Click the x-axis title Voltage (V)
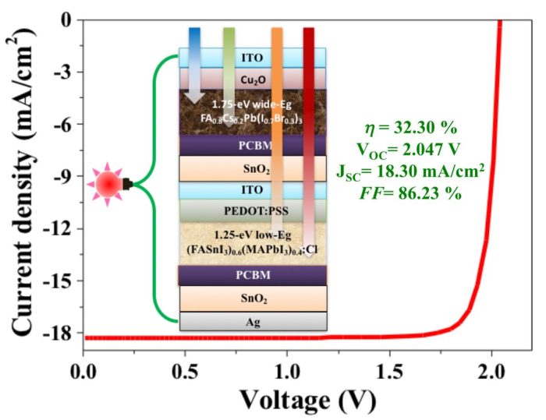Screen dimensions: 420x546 point(307,399)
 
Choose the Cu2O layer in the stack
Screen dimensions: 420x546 point(252,79)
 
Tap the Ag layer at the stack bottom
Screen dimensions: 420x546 point(252,322)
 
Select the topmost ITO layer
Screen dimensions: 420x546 point(252,58)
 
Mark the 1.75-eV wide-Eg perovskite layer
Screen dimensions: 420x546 point(252,111)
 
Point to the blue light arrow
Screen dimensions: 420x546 point(194,55)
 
